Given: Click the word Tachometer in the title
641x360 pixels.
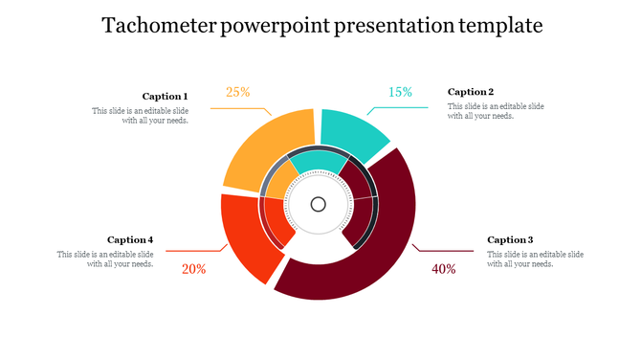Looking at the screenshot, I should [x=158, y=26].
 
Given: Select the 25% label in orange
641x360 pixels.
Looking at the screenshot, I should [x=238, y=93].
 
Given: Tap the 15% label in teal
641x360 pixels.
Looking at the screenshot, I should [x=400, y=93].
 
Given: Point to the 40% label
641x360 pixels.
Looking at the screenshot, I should [x=444, y=269].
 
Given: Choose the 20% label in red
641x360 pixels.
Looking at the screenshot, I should [x=194, y=269].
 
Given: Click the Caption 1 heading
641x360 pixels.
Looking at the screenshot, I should [x=165, y=96].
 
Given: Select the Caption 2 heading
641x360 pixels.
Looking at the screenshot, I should [x=471, y=92].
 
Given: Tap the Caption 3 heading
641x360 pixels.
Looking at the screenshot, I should [x=510, y=239].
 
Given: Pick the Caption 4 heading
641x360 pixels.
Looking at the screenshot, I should [x=130, y=239].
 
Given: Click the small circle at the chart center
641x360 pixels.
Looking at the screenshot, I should [x=319, y=204].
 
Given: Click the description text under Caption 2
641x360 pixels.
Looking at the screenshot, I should [x=496, y=110].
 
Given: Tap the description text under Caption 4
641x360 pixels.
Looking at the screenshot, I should [x=105, y=259].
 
